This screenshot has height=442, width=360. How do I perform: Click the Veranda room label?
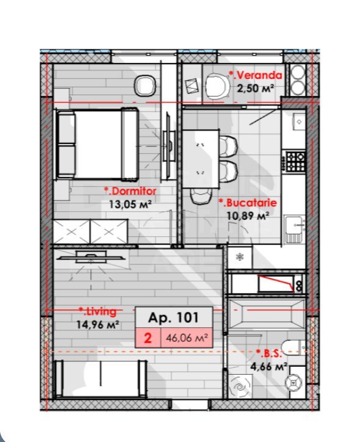tap(256, 76)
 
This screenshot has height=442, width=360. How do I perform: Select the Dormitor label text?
tap(130, 191)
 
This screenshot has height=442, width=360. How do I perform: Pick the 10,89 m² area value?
tap(248, 216)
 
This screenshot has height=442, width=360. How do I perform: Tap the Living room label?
tap(98, 312)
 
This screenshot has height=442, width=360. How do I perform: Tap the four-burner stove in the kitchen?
tap(296, 161)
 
